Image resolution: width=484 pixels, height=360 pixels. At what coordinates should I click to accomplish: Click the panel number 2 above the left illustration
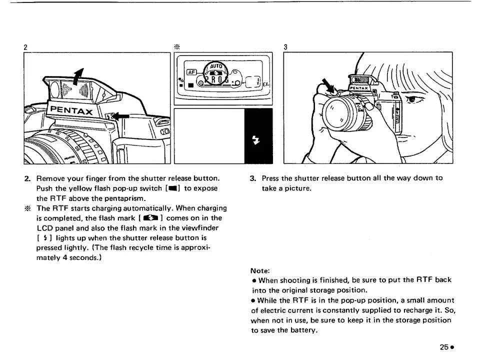point(25,47)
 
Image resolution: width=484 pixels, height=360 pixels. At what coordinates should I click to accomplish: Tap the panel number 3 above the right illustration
point(285,47)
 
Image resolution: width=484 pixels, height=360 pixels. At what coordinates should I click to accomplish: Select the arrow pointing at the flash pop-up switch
point(121,117)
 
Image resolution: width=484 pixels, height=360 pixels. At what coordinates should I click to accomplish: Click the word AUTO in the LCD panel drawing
point(215,65)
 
